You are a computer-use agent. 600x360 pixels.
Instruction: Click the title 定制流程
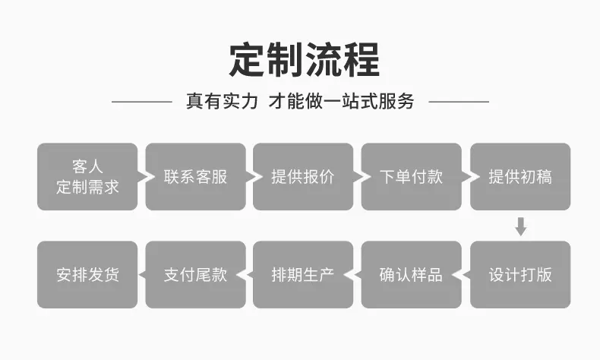point(305,60)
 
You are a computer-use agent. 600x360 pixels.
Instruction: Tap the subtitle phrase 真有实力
point(222,101)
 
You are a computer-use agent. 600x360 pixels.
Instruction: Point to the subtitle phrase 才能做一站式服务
point(341,101)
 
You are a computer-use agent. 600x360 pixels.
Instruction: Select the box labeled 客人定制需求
point(87,177)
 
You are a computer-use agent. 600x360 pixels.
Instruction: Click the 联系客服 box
point(195,177)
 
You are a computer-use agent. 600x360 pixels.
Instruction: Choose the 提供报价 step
point(303,177)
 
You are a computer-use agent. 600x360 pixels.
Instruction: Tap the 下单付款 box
point(412,177)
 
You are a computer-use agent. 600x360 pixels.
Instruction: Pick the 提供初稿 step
point(520,177)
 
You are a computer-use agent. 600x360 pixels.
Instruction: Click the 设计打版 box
point(520,275)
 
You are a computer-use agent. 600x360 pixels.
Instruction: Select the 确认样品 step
point(412,275)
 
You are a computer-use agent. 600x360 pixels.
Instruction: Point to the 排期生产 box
point(303,275)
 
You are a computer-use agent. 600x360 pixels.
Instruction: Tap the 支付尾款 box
point(195,275)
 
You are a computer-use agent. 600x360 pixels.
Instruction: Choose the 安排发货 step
point(87,275)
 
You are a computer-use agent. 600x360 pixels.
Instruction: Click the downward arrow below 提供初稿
point(521,226)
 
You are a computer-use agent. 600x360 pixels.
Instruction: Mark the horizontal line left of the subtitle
point(142,102)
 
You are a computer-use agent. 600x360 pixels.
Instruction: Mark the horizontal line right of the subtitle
point(459,102)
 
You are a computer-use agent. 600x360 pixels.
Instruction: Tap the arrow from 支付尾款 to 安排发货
point(141,275)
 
